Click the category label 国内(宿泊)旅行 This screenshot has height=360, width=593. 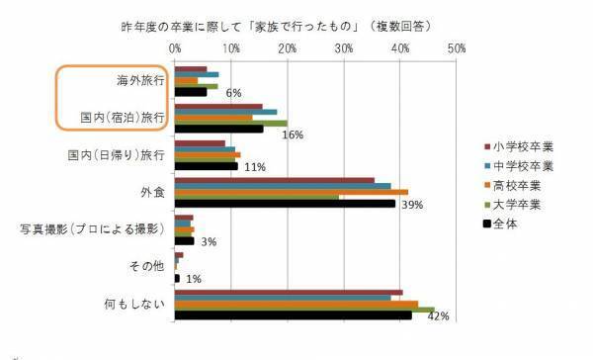coord(122,118)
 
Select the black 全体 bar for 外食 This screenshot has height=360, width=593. coord(285,204)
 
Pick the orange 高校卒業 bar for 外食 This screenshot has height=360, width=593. coord(292,192)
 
